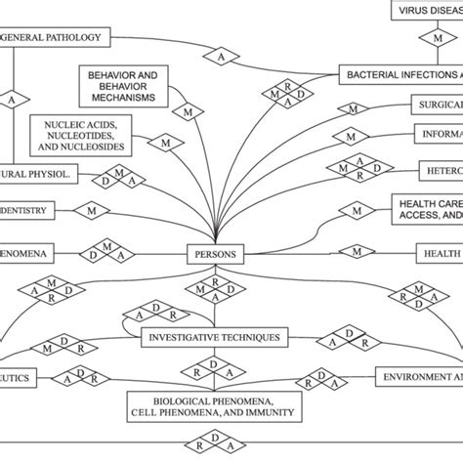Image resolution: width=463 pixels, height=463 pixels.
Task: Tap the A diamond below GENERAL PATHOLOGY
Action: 12,100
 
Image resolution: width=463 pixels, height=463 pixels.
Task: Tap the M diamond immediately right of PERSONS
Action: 358,252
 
